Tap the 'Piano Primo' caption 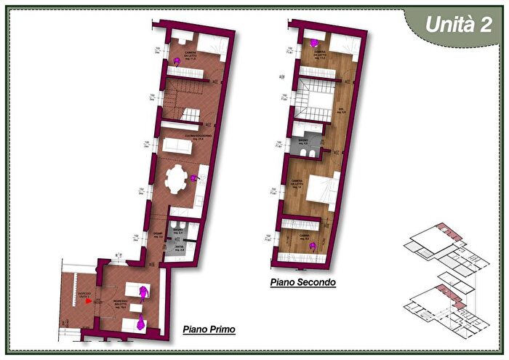(x=209, y=329)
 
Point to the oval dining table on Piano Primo (x=176, y=180)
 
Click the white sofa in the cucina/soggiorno (x=177, y=147)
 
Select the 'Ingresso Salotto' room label (x=120, y=303)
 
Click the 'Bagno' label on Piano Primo (x=177, y=231)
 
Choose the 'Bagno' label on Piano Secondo (x=303, y=140)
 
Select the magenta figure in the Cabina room (x=313, y=246)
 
